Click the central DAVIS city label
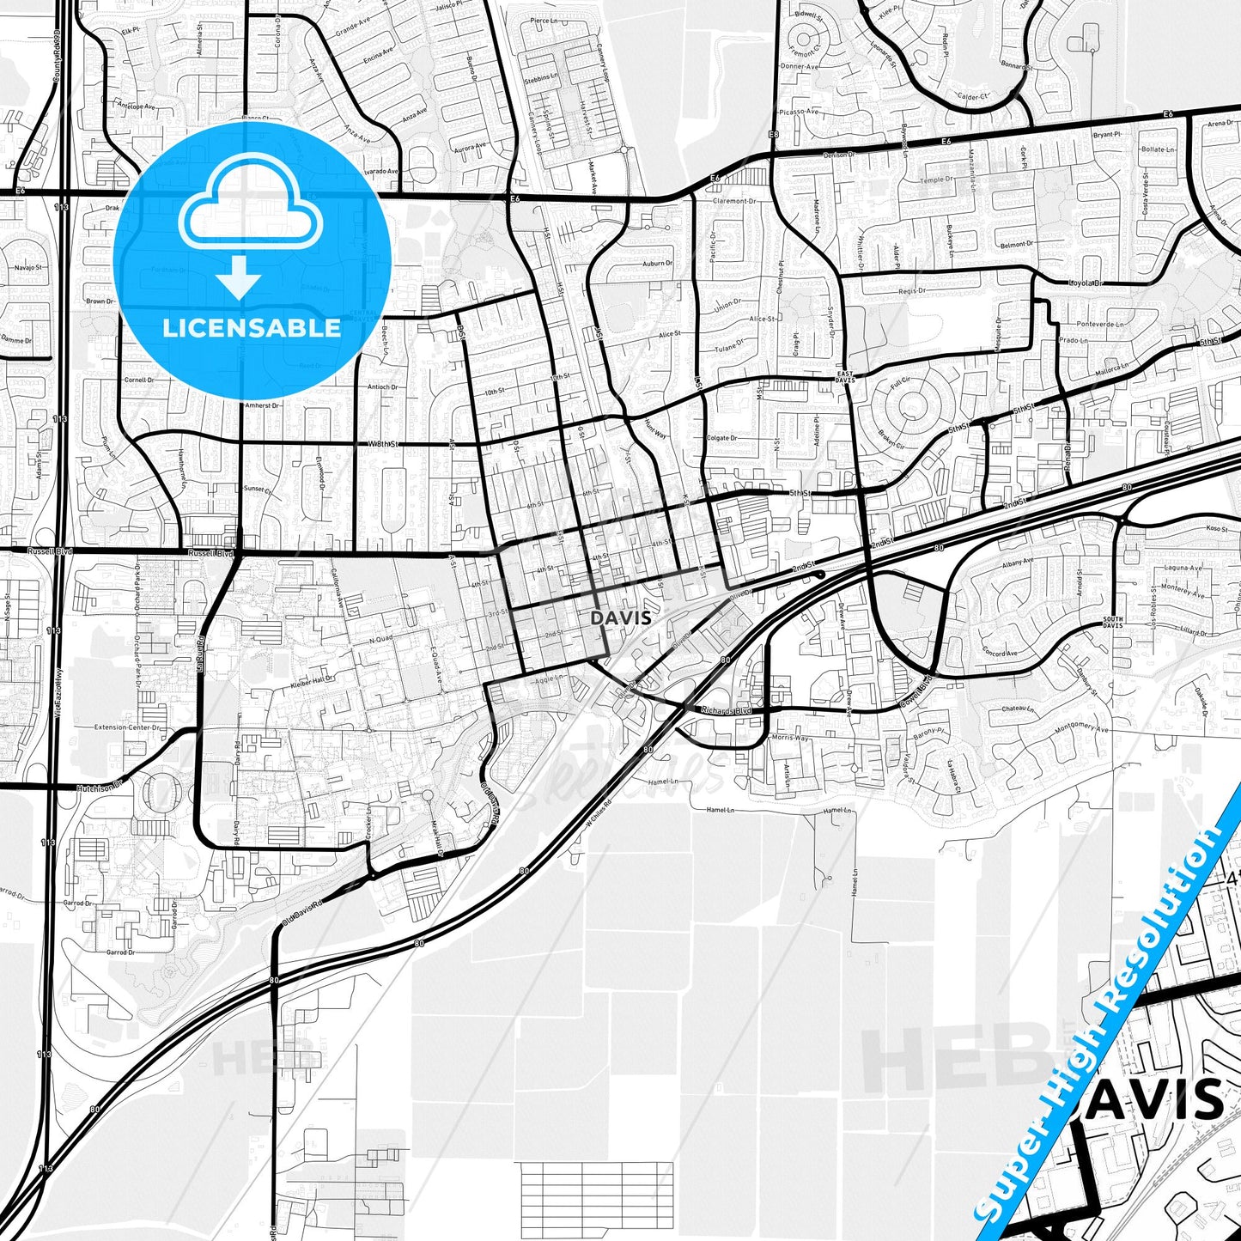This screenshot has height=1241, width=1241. pos(621,617)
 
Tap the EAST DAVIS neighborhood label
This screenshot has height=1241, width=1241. pos(845,375)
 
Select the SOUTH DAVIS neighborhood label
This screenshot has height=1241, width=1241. pos(1112,622)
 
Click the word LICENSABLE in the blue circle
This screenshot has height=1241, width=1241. pos(252,328)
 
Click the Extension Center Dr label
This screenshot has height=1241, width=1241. pos(127,727)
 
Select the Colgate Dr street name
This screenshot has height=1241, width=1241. pos(721,438)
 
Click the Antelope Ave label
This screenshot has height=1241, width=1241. pos(137,107)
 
